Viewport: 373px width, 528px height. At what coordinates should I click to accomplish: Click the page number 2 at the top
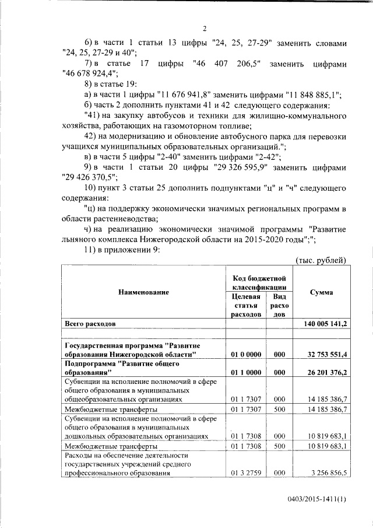(x=205, y=29)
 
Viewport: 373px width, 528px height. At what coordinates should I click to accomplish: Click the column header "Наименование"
(x=144, y=292)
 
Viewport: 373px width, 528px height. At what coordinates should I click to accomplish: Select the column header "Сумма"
(x=322, y=292)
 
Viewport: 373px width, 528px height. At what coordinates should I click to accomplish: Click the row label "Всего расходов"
(x=93, y=323)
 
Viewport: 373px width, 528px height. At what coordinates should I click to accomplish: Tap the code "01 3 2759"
(x=245, y=473)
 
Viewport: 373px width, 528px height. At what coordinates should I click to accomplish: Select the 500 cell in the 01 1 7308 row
(x=279, y=446)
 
